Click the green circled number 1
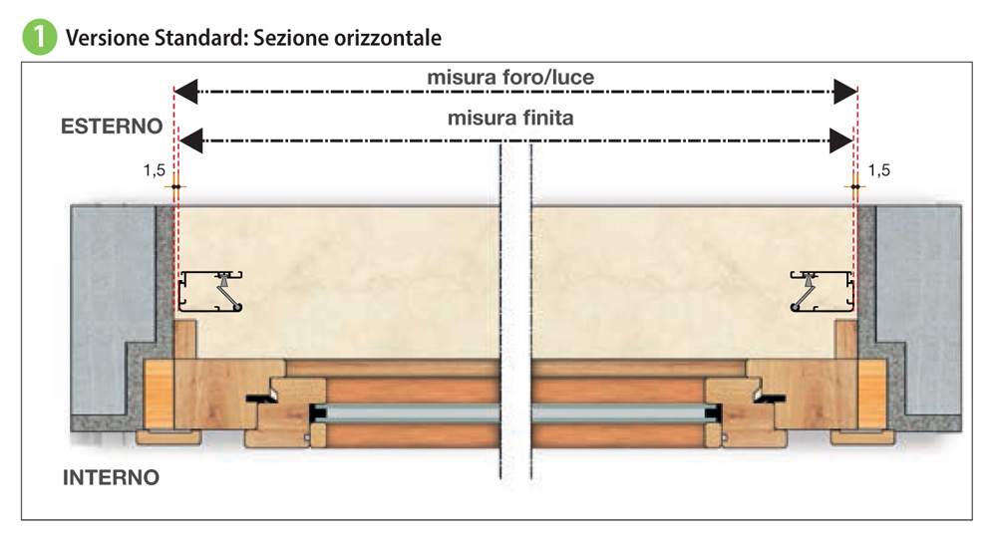tap(37, 38)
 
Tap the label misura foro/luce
tap(510, 76)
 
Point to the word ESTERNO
tap(112, 127)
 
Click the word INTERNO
tap(111, 477)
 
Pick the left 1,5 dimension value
tap(154, 170)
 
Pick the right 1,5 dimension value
tap(880, 170)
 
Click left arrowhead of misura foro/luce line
tap(186, 92)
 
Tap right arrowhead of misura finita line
tap(840, 140)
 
